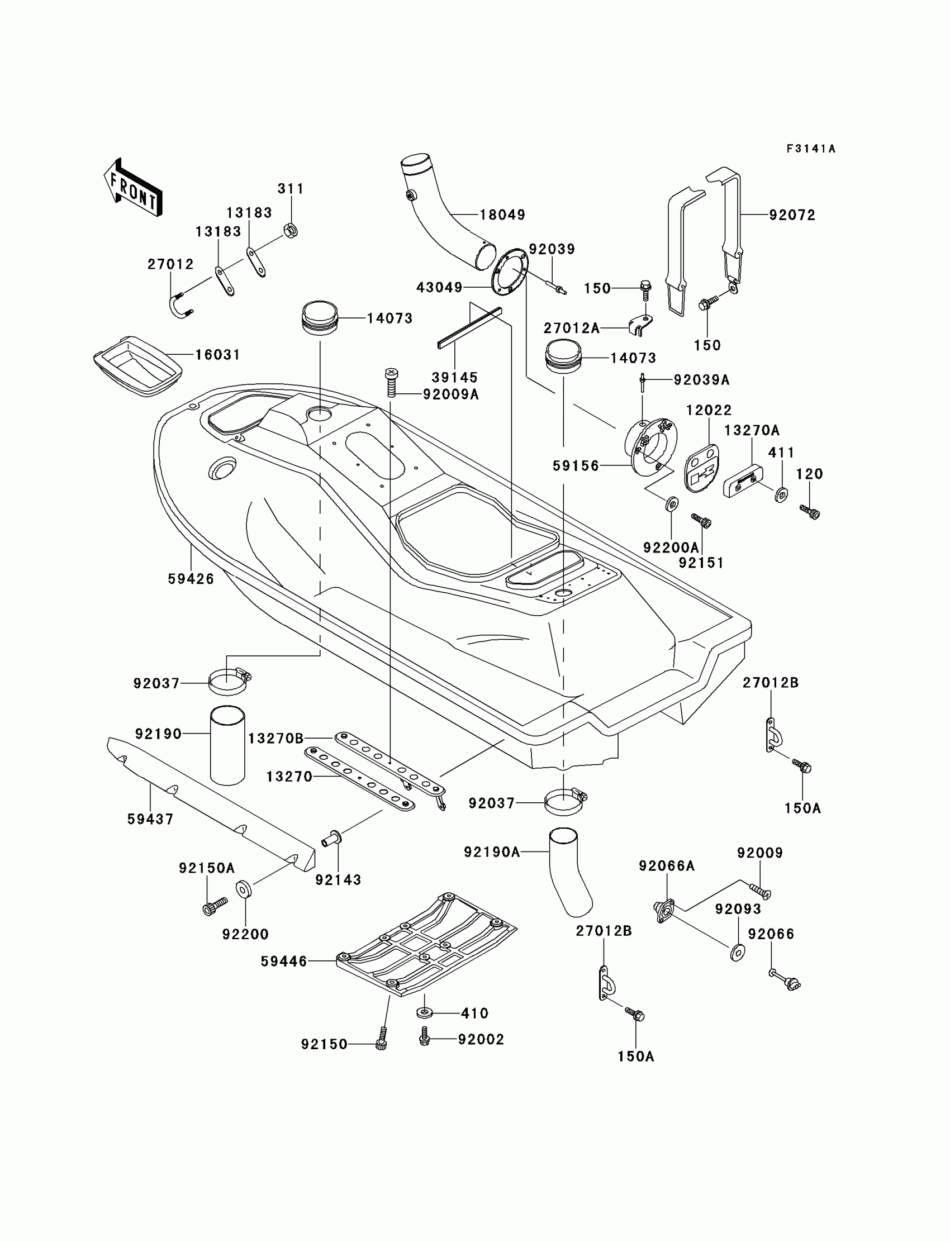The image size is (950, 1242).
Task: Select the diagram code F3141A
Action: click(x=810, y=149)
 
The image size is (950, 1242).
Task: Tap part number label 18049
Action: click(x=502, y=215)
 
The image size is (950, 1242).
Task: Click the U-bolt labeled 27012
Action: click(x=180, y=306)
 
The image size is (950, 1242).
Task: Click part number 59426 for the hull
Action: click(x=191, y=579)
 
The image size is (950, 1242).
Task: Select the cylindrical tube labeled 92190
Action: click(x=228, y=745)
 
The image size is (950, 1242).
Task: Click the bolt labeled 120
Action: click(x=810, y=512)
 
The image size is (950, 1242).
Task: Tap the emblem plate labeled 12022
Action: click(x=701, y=468)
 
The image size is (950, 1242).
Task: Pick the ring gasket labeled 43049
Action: click(x=509, y=272)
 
